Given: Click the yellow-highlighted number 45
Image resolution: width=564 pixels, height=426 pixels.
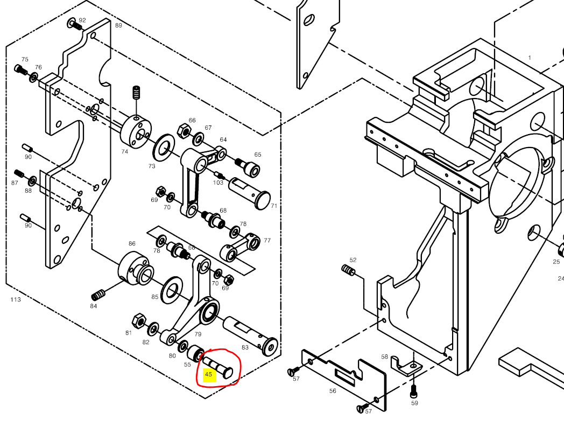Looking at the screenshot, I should coord(209,374).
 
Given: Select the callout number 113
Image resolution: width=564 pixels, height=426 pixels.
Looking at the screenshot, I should coord(15,299).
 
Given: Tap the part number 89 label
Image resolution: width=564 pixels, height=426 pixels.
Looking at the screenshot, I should coord(118,25).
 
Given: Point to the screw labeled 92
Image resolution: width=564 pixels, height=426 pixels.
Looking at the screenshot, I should coord(76,24).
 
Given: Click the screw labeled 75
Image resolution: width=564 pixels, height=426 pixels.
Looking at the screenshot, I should coord(21,69).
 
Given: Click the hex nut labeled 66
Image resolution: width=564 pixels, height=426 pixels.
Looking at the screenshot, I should coord(183,130).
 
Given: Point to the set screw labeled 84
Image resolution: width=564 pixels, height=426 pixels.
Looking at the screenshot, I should coord(98,295).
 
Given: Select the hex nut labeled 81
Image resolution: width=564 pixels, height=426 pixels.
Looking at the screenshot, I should coord(138,320).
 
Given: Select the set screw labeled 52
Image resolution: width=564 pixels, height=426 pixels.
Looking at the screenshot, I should coord(349,269).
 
